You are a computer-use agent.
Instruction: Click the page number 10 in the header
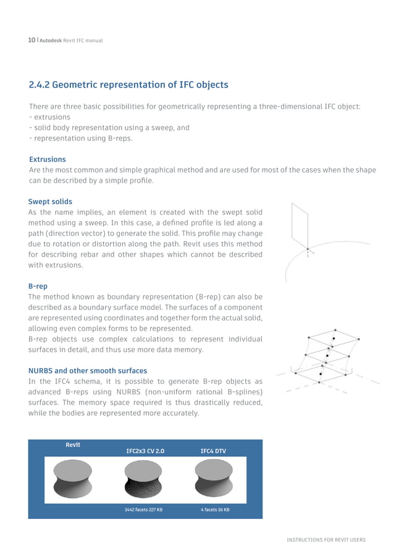[x=31, y=41]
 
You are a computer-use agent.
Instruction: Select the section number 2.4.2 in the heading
[x=43, y=84]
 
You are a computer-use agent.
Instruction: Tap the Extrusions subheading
[x=48, y=159]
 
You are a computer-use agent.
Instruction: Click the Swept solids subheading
[x=50, y=202]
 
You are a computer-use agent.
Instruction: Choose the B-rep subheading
[x=38, y=287]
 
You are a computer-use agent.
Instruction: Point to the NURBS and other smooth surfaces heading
[x=87, y=371]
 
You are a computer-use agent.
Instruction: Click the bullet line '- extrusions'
[x=49, y=117]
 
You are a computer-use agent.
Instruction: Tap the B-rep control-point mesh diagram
[x=325, y=358]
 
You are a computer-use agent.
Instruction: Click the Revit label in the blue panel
[x=73, y=444]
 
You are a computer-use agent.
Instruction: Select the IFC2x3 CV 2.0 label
[x=145, y=451]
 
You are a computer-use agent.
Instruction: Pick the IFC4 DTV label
[x=213, y=451]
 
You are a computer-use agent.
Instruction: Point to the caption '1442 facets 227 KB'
[x=143, y=510]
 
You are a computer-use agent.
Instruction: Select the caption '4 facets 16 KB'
[x=214, y=510]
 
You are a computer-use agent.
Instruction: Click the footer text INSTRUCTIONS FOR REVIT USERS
[x=325, y=540]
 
